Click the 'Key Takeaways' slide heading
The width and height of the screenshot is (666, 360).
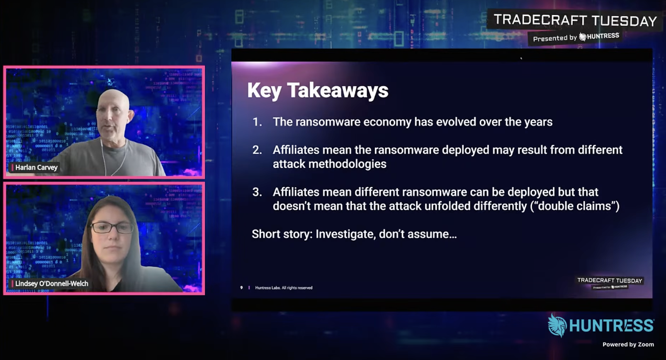[318, 90]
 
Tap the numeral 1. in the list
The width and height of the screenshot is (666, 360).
[257, 122]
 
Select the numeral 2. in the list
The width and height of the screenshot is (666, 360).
[257, 150]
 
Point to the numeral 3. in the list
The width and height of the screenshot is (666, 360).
[257, 192]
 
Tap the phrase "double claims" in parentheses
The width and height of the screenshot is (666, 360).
[575, 206]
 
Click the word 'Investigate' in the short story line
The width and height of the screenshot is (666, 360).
[344, 234]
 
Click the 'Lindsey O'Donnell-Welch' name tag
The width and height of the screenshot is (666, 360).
[50, 284]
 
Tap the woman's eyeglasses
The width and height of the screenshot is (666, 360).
[112, 228]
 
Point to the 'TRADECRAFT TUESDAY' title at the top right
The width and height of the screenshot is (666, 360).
[575, 20]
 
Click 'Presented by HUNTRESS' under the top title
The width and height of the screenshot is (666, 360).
[576, 37]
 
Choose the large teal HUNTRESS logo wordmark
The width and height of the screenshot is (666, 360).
[611, 326]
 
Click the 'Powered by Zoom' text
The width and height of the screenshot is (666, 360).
[628, 345]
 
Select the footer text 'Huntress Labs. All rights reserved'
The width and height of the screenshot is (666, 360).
[284, 288]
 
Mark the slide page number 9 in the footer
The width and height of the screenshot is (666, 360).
[241, 287]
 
